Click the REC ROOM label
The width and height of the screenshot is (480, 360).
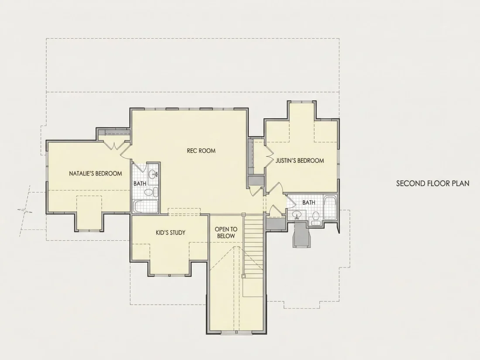201,151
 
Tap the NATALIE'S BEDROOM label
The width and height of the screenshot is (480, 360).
96,174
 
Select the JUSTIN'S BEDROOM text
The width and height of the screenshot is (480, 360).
300,161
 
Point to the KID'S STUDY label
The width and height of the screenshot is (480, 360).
171,233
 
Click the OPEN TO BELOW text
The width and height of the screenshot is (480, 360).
226,233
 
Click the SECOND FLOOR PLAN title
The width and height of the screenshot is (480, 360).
433,183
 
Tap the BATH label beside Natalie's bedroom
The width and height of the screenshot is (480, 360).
140,184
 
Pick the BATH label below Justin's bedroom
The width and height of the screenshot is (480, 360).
309,202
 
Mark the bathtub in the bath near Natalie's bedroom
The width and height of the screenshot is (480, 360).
146,207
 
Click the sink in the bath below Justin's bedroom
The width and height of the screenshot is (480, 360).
296,215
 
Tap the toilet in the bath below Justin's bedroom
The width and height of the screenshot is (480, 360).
315,218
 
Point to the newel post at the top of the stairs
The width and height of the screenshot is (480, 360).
243,214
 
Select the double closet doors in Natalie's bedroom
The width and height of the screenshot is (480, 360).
114,145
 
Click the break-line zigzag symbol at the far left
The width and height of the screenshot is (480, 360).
25,211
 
